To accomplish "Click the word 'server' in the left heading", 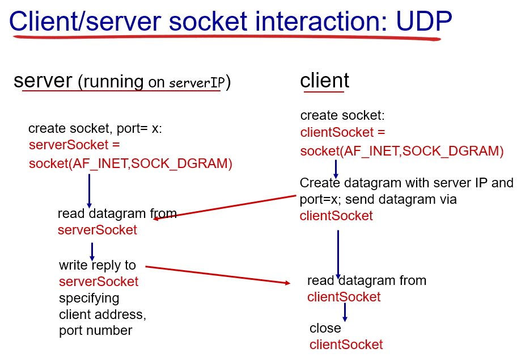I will pyautogui.click(x=44, y=81).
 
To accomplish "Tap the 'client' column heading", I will pyautogui.click(x=324, y=81).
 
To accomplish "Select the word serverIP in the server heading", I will pyautogui.click(x=196, y=83).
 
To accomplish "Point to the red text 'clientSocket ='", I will pyautogui.click(x=343, y=133).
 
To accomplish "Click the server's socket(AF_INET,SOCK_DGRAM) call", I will pyautogui.click(x=130, y=163).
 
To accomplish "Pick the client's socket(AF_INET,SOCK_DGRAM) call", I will pyautogui.click(x=402, y=150).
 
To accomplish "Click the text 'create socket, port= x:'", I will pyautogui.click(x=95, y=128).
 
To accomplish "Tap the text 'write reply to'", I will pyautogui.click(x=98, y=265).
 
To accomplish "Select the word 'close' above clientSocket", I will pyautogui.click(x=325, y=328).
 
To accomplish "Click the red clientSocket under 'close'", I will pyautogui.click(x=346, y=345).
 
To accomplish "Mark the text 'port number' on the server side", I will pyautogui.click(x=95, y=330).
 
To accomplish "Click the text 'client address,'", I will pyautogui.click(x=103, y=314).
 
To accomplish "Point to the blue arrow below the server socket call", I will pyautogui.click(x=89, y=190).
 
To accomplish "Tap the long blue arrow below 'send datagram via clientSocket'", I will pyautogui.click(x=338, y=253).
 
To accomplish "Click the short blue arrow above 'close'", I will pyautogui.click(x=344, y=312).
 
